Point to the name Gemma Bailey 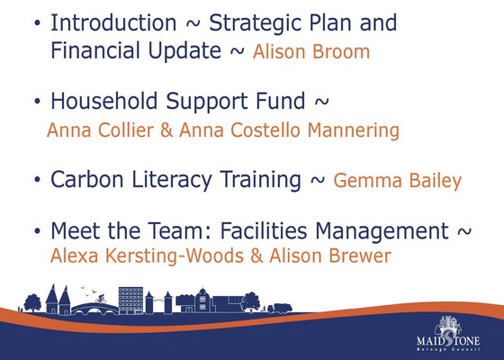click(397, 181)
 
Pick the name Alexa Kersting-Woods click(146, 256)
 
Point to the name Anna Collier click(98, 131)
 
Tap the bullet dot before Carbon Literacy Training click(36, 181)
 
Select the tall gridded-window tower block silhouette click(131, 300)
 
